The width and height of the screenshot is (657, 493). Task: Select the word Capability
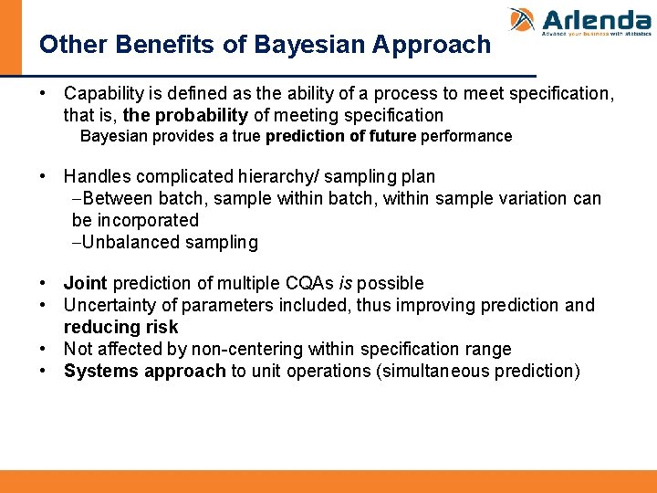click(101, 94)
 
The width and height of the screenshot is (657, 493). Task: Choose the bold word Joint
click(85, 283)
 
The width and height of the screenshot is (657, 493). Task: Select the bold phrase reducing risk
click(120, 327)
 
